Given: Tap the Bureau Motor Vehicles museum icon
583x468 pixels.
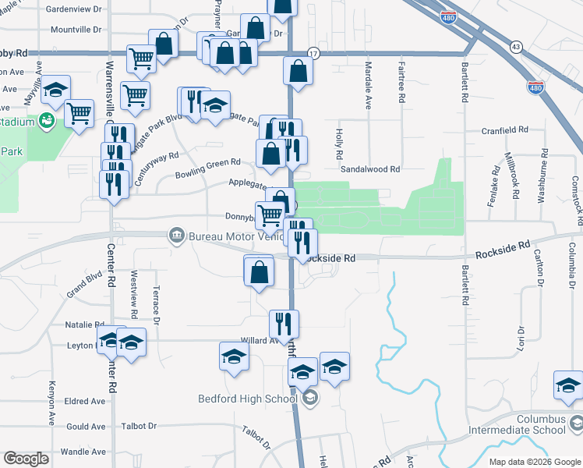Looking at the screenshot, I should [x=176, y=235].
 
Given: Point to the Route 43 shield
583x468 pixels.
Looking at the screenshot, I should [x=516, y=48].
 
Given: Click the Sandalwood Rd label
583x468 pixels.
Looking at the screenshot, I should [x=369, y=168].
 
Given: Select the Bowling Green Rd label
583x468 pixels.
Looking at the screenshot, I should [x=207, y=166].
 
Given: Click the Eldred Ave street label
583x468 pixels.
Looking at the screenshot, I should [x=86, y=402].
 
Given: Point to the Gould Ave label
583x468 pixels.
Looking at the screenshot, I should [x=86, y=427].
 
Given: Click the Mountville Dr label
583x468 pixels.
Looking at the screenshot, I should [x=76, y=30].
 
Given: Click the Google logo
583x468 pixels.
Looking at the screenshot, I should [x=26, y=459].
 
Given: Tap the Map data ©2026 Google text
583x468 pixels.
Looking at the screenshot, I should [x=534, y=462].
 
